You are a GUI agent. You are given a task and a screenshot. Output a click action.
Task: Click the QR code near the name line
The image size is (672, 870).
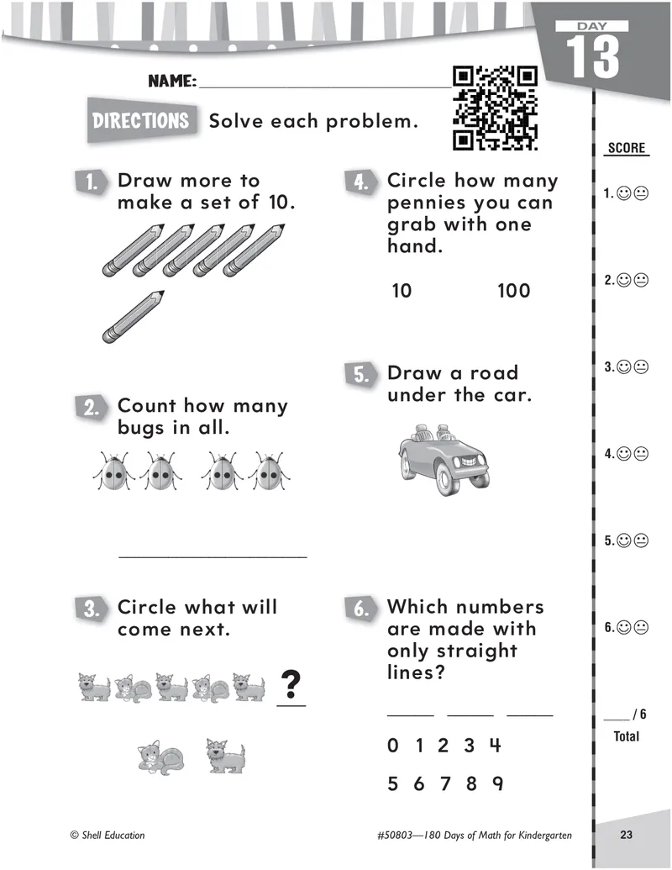pos(494,108)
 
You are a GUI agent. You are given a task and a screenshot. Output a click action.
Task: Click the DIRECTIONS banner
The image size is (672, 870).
pos(141,120)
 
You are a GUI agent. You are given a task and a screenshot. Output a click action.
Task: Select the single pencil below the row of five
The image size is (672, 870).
pos(133,314)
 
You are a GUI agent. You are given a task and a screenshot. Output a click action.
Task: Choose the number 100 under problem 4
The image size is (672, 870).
pos(514,291)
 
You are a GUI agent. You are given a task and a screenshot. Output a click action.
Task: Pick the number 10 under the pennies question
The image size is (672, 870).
pos(402,291)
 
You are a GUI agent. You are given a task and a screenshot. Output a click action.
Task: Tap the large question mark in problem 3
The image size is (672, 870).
pos(291,685)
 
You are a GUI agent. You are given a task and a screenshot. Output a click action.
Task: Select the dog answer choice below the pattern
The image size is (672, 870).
pos(224,756)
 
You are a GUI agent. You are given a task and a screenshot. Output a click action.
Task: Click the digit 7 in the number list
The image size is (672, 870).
pos(445,784)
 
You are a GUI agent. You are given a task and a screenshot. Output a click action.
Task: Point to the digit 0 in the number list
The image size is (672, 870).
pos(393,746)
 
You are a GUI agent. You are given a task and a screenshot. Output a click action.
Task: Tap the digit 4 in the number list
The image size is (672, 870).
pos(495,746)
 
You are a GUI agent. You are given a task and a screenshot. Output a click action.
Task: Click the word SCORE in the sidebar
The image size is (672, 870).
pos(627,149)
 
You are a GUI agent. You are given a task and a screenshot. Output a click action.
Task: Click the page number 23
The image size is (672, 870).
pos(626,835)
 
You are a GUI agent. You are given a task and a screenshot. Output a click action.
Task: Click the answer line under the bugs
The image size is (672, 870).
pos(213,556)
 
